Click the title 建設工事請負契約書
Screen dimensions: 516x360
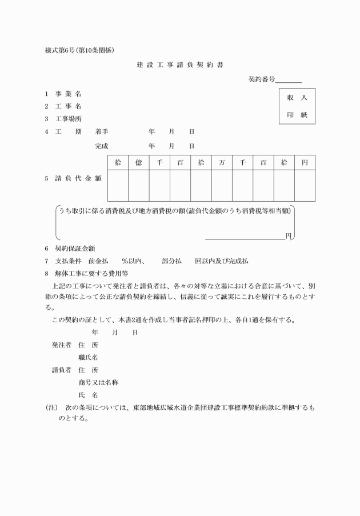click(x=180, y=65)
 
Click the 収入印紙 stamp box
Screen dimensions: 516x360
click(x=297, y=106)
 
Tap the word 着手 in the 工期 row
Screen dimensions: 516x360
click(x=102, y=131)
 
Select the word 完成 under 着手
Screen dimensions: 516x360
click(x=102, y=146)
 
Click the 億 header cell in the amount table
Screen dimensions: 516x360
click(x=139, y=163)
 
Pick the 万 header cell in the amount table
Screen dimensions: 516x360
click(x=222, y=163)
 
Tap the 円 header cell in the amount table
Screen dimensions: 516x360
click(x=305, y=163)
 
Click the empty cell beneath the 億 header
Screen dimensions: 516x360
click(x=139, y=186)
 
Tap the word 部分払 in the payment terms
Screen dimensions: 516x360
click(x=172, y=261)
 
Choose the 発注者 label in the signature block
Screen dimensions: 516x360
click(x=61, y=345)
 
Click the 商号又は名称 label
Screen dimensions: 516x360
click(x=98, y=382)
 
